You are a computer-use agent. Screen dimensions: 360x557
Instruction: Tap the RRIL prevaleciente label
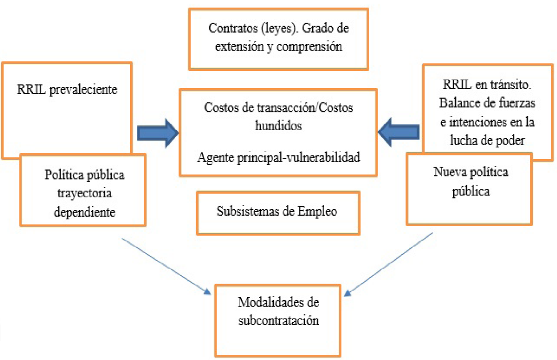[x=67, y=89]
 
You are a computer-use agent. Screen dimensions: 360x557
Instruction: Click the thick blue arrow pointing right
[x=158, y=133]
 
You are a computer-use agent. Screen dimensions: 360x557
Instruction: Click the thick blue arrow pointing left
[x=400, y=133]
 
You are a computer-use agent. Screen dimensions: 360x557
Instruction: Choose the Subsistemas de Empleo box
[x=278, y=213]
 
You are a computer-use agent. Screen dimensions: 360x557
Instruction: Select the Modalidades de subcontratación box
[x=278, y=320]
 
